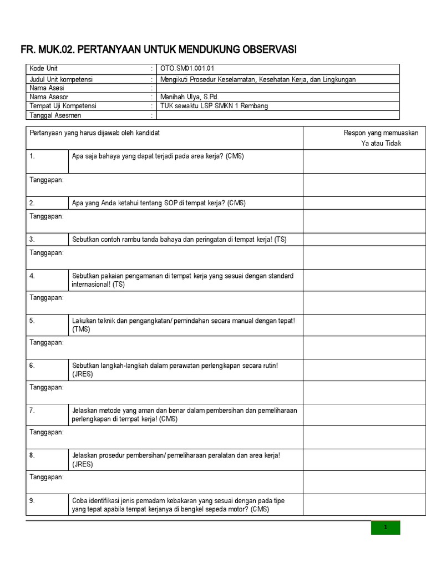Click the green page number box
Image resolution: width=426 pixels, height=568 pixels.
386,528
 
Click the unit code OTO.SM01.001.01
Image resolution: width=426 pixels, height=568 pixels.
187,68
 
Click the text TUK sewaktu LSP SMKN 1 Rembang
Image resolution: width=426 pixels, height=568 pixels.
214,106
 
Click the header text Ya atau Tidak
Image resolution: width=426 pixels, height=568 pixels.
381,143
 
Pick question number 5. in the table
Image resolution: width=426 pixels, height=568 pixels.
32,321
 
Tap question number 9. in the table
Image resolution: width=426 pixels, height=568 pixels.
32,500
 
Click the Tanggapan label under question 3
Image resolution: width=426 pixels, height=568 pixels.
47,252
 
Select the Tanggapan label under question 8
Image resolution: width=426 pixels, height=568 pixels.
47,477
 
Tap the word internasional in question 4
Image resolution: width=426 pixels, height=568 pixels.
92,285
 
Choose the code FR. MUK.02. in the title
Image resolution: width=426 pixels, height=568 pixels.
47,50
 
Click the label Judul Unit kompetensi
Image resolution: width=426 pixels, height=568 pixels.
61,79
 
